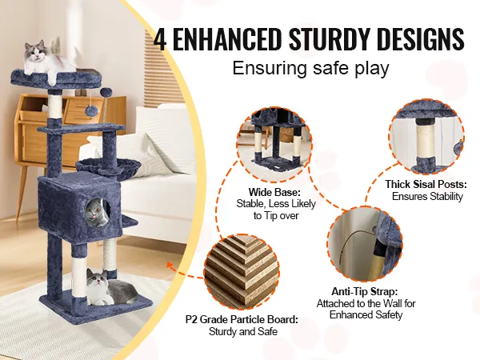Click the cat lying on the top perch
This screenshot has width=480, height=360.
[46, 60]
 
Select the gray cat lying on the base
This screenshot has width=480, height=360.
[111, 287]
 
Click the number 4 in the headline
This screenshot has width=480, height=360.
[159, 39]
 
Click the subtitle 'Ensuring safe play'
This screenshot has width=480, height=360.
[310, 68]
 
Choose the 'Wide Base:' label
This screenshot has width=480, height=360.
[274, 192]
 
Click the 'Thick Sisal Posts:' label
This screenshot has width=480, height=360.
[426, 184]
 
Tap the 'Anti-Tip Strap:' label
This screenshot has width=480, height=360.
[365, 291]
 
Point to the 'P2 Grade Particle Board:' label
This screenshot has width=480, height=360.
[242, 319]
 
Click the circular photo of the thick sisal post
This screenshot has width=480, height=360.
[426, 137]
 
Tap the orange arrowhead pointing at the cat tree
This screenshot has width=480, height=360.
[170, 265]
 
